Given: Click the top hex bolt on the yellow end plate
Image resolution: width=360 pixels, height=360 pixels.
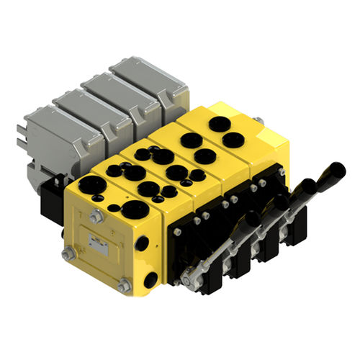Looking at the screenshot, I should (96, 214).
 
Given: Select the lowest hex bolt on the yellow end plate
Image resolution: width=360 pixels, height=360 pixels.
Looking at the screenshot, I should (124, 286).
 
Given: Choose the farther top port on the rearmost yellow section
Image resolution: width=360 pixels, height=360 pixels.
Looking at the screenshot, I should (219, 123).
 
